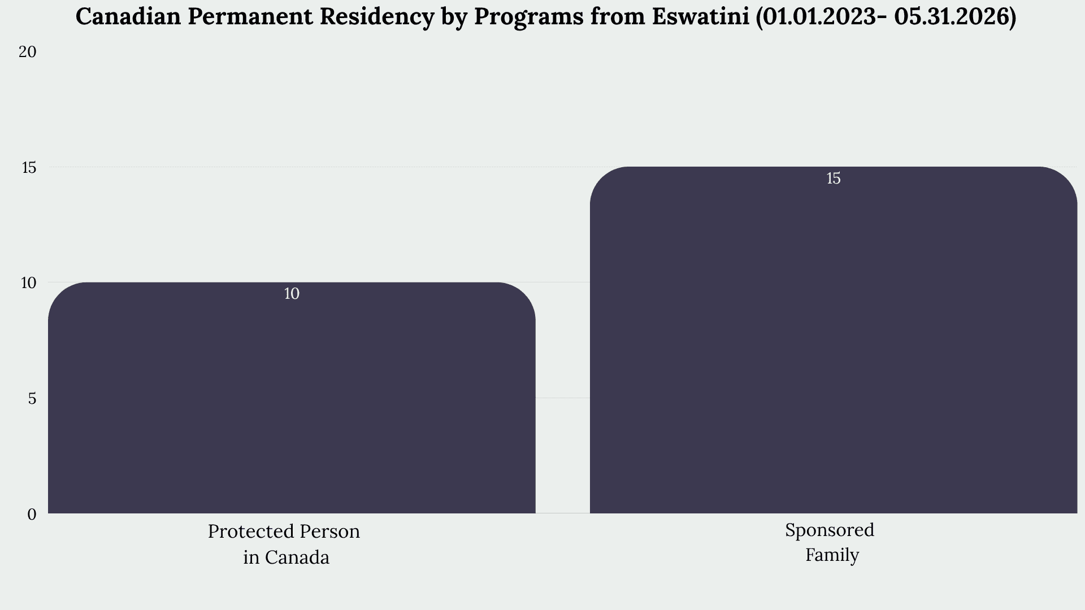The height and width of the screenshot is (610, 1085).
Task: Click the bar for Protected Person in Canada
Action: (292, 398)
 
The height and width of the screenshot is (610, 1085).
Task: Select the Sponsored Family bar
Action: (834, 340)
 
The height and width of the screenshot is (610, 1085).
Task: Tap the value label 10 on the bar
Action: (292, 294)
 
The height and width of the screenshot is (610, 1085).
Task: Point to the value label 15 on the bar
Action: (834, 178)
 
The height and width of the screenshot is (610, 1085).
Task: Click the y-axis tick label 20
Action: (27, 52)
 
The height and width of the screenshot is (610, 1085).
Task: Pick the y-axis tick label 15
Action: (28, 167)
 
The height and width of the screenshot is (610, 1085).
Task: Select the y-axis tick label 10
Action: (28, 282)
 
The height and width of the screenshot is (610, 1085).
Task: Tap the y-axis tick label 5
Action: (32, 399)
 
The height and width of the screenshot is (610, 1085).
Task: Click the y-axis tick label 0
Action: (32, 514)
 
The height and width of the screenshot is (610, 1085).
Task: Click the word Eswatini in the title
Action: (700, 17)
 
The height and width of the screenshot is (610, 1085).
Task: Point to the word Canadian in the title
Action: (129, 17)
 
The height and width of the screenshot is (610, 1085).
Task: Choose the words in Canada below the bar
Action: (287, 557)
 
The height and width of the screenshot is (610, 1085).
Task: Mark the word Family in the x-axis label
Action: (832, 555)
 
